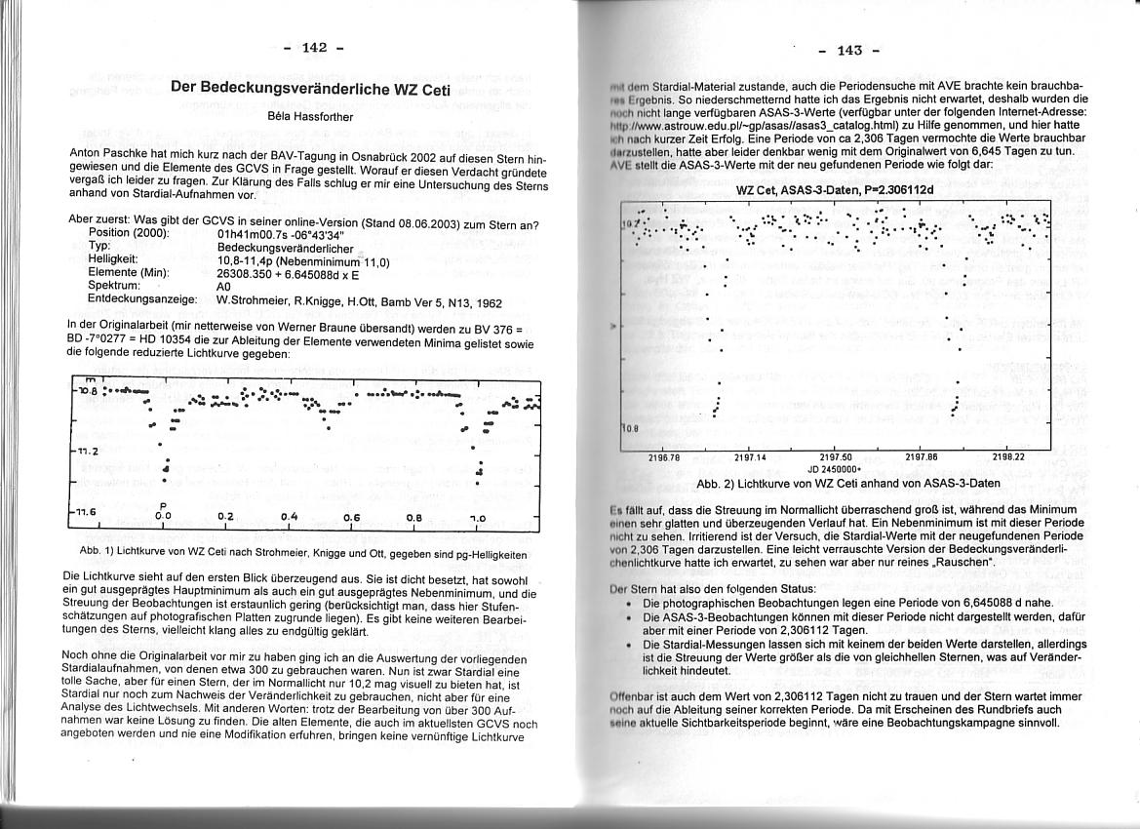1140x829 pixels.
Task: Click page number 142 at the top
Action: [x=314, y=48]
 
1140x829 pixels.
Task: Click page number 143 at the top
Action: [x=848, y=51]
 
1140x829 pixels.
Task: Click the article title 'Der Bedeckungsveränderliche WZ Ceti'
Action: [x=310, y=87]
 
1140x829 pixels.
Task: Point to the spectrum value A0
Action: [x=223, y=287]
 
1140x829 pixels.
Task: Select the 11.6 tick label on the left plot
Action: [x=85, y=510]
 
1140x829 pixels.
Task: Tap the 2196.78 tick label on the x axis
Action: [x=663, y=456]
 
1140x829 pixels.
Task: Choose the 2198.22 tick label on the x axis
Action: [x=1007, y=456]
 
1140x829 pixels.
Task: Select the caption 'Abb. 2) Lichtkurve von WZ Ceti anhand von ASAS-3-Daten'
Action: [x=835, y=483]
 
